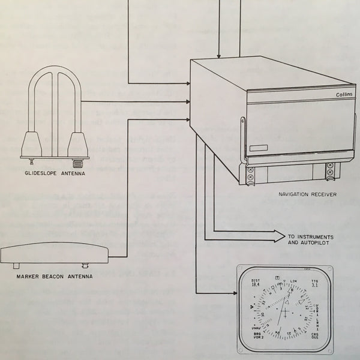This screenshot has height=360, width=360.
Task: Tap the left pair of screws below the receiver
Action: point(250,174)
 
